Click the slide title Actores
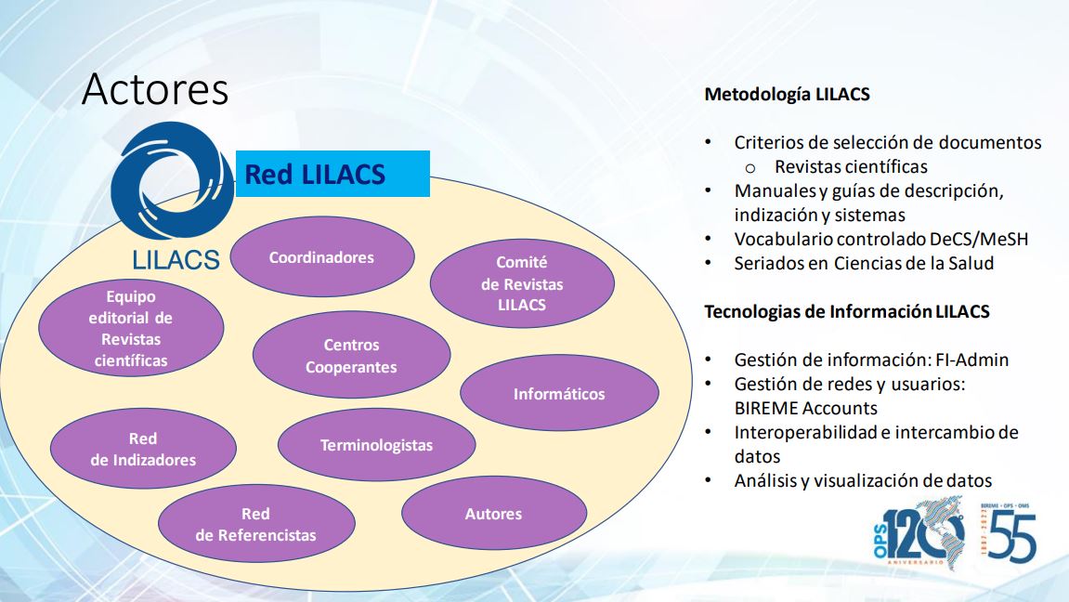tap(155, 88)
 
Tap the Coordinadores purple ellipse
tap(321, 257)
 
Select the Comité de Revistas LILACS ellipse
tap(522, 283)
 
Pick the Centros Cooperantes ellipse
tap(351, 355)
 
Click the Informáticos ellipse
tap(559, 393)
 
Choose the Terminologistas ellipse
tap(376, 445)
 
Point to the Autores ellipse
tap(493, 514)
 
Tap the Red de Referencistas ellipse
tap(256, 524)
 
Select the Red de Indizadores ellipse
tap(143, 449)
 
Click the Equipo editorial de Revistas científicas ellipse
tap(131, 328)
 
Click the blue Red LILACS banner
tap(332, 174)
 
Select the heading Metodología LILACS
tap(787, 94)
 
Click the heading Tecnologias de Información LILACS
tap(847, 311)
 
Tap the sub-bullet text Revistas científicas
tap(851, 166)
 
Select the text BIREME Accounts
tap(806, 408)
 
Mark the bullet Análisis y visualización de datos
tap(863, 480)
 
